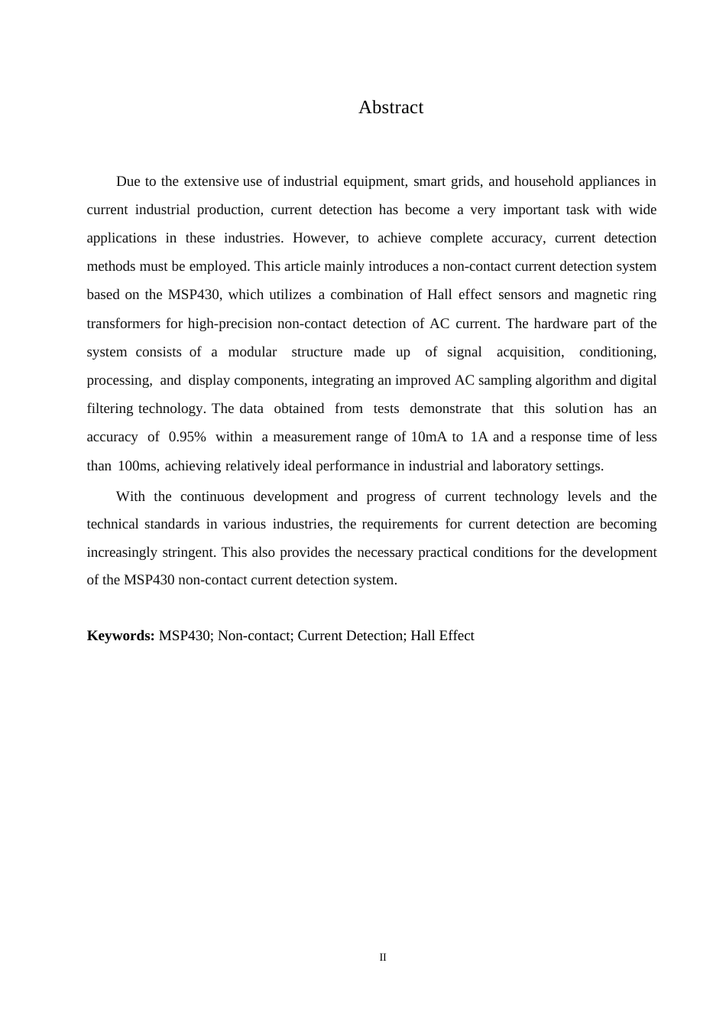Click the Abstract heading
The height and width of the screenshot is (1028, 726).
click(391, 108)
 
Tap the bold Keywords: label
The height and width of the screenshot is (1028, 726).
click(121, 636)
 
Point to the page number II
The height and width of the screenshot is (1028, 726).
click(383, 958)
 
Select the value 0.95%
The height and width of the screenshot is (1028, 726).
click(186, 438)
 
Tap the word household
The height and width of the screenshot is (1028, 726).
click(543, 182)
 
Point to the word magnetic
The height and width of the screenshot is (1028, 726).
click(600, 295)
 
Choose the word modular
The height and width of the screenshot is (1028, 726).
click(252, 352)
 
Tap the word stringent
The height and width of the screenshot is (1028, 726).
click(189, 552)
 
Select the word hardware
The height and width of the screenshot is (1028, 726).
click(561, 324)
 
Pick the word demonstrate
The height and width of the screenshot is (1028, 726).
click(446, 409)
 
